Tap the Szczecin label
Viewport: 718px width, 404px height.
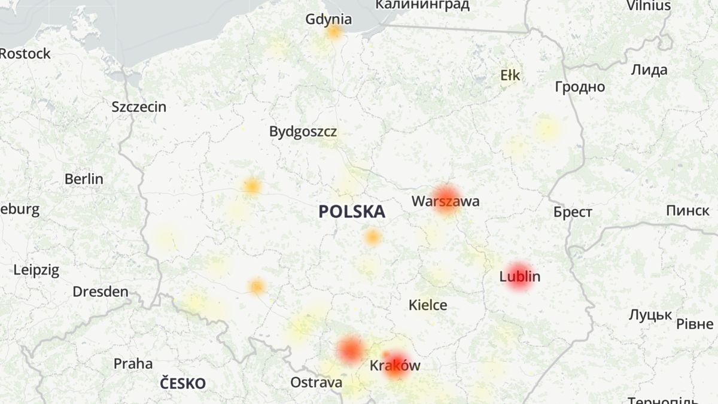tap(139, 107)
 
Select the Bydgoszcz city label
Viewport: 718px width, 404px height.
tap(303, 132)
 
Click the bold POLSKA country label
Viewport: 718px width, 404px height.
tap(352, 211)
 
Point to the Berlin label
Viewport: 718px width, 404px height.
tap(84, 179)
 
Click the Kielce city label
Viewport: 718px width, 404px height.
tap(428, 305)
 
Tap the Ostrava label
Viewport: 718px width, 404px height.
tap(317, 382)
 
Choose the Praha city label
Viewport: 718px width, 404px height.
tap(133, 364)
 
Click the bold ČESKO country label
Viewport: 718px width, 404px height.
tap(182, 384)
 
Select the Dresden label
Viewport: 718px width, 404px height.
tap(101, 292)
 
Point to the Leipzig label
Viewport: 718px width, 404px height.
tap(36, 270)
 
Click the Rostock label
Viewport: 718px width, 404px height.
tap(25, 54)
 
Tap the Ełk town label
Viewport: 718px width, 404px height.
tap(510, 75)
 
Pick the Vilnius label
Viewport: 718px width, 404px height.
tap(649, 6)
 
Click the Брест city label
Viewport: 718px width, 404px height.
tap(573, 212)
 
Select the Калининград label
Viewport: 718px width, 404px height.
tap(422, 5)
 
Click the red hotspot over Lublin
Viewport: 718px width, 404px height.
tap(519, 277)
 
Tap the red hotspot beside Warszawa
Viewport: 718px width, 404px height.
tap(446, 200)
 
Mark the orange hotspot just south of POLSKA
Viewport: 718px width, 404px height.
tap(372, 238)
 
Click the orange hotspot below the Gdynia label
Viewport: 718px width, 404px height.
tap(334, 32)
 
